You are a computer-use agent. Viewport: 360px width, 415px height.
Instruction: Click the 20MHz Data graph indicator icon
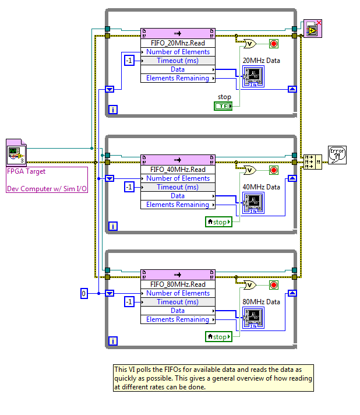click(x=253, y=76)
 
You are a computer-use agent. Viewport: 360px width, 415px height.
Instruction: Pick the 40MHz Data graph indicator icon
click(x=253, y=203)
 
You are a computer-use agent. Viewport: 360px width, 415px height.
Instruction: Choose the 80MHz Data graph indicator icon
click(x=253, y=318)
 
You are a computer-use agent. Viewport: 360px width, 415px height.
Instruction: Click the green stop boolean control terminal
click(x=223, y=106)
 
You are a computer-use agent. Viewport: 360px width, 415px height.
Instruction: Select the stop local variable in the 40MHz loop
click(x=218, y=222)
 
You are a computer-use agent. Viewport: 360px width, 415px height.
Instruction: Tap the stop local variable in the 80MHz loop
click(x=218, y=337)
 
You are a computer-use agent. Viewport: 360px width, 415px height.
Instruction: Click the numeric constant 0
click(x=83, y=293)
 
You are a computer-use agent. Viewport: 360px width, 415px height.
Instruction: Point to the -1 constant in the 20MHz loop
click(x=129, y=61)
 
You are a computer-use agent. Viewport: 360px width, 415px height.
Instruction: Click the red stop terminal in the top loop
click(x=274, y=44)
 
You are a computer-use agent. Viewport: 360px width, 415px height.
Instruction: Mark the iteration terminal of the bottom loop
click(x=113, y=341)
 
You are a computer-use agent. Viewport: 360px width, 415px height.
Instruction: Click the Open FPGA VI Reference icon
click(x=15, y=153)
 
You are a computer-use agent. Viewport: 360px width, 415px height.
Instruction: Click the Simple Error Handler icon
click(x=337, y=154)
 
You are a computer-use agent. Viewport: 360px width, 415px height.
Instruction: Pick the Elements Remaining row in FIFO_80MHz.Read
click(x=178, y=319)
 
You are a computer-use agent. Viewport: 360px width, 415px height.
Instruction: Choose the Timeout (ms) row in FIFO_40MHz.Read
click(x=178, y=187)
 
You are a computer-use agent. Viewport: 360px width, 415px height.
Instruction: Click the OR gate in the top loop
click(x=249, y=44)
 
